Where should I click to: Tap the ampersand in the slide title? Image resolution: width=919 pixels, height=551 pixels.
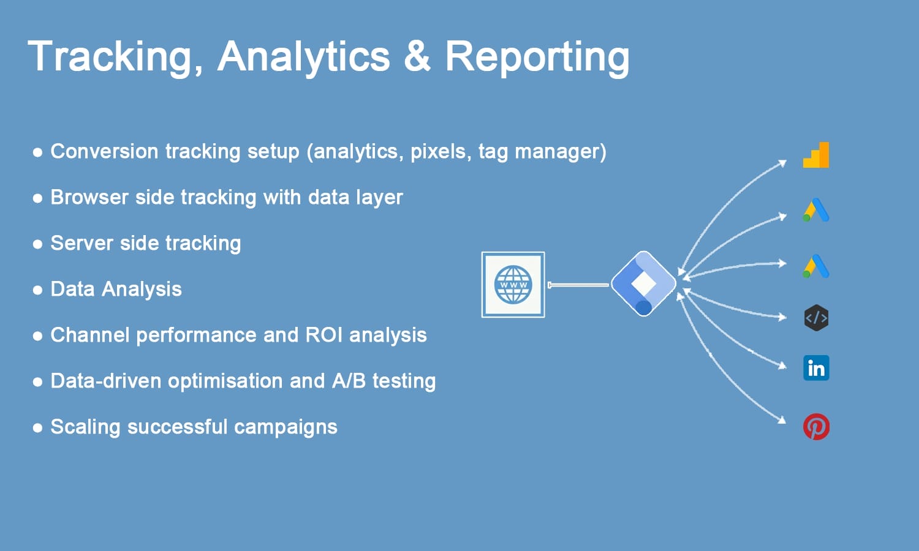click(417, 56)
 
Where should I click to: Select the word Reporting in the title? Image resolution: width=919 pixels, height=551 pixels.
click(537, 58)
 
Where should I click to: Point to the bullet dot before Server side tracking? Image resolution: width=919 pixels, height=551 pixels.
click(37, 244)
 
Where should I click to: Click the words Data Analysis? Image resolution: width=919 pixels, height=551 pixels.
click(116, 289)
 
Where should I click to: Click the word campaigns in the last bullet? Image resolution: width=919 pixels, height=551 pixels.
click(286, 427)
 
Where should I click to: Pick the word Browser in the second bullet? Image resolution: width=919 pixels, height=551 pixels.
click(90, 197)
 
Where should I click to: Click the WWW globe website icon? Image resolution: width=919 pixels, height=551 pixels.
click(513, 285)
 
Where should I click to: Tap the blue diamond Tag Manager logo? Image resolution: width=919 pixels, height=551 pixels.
click(643, 283)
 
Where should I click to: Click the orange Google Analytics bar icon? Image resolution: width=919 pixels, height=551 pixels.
click(816, 155)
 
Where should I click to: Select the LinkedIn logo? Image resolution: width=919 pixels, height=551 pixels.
click(816, 368)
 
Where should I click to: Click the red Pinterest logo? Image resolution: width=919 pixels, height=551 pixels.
click(816, 426)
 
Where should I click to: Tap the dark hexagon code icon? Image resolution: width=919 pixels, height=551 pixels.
click(816, 318)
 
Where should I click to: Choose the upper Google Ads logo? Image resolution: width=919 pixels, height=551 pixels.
click(816, 210)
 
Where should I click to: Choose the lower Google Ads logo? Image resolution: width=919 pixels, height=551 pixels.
click(816, 266)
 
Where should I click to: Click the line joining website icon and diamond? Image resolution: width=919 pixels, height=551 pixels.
click(578, 285)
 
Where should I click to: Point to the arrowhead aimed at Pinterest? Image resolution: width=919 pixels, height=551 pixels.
click(782, 420)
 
